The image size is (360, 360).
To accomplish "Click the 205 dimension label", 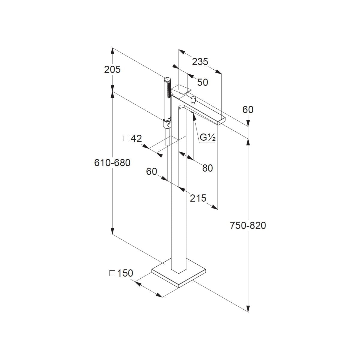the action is [112, 70].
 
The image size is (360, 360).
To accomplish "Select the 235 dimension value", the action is [200, 62].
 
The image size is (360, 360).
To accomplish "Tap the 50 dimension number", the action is [202, 82].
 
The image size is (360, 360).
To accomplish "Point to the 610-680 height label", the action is [112, 163].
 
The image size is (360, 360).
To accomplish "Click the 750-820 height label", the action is [248, 226].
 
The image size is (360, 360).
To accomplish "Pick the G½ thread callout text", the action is [208, 137].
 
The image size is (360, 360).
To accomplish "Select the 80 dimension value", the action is [207, 168].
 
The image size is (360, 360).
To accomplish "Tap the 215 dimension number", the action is [198, 198].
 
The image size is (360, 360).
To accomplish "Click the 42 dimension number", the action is [136, 138].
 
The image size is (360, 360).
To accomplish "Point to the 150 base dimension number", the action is [125, 273].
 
